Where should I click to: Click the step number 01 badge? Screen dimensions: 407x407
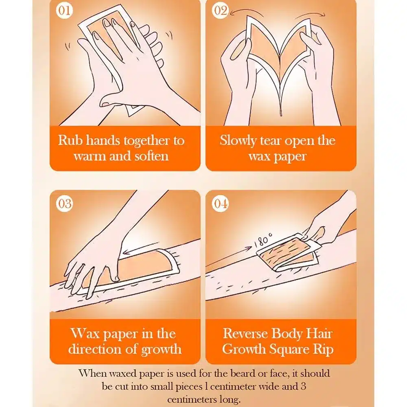pyautogui.click(x=64, y=11)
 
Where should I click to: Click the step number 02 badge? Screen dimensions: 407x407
pyautogui.click(x=220, y=11)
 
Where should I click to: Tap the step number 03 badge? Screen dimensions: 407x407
pyautogui.click(x=64, y=203)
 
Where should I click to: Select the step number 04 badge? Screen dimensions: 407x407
pyautogui.click(x=220, y=203)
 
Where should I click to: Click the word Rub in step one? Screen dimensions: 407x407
pyautogui.click(x=70, y=140)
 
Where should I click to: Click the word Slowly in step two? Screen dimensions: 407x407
pyautogui.click(x=238, y=141)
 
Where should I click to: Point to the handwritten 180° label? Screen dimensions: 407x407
pyautogui.click(x=263, y=241)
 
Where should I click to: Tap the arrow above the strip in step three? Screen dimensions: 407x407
pyautogui.click(x=141, y=247)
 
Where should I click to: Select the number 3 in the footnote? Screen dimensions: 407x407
pyautogui.click(x=303, y=386)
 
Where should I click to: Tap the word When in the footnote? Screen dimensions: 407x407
pyautogui.click(x=93, y=373)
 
